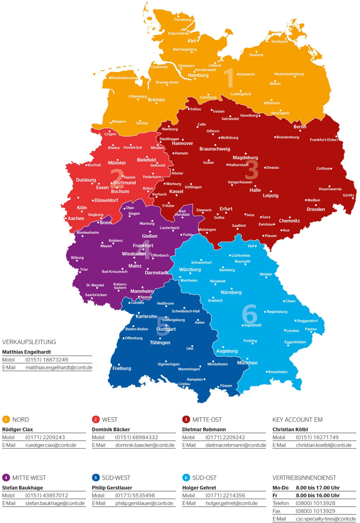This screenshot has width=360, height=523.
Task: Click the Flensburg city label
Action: (183, 20)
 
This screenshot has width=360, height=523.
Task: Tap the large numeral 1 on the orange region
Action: (229, 78)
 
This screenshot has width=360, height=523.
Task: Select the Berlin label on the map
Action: (300, 127)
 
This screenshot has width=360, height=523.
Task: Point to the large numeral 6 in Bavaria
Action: (249, 314)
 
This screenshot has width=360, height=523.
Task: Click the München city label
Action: (247, 363)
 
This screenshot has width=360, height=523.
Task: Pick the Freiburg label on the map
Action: (122, 368)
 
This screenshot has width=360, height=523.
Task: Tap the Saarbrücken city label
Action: (96, 295)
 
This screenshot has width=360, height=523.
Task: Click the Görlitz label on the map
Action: (348, 195)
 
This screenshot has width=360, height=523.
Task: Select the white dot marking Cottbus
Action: (331, 169)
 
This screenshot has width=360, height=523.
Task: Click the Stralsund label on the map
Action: (279, 41)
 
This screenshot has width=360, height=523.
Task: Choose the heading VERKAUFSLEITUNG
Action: (29, 342)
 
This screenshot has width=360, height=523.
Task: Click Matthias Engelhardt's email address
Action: (59, 368)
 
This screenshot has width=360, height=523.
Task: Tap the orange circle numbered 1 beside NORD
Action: (6, 420)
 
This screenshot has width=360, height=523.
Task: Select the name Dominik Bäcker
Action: (111, 429)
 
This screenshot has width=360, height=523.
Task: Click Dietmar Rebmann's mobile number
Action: (225, 437)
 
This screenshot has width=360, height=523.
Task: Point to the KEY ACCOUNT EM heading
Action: (297, 420)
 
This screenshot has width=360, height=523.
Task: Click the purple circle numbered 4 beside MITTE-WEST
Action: (6, 477)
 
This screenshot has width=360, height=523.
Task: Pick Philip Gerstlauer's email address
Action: (144, 503)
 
